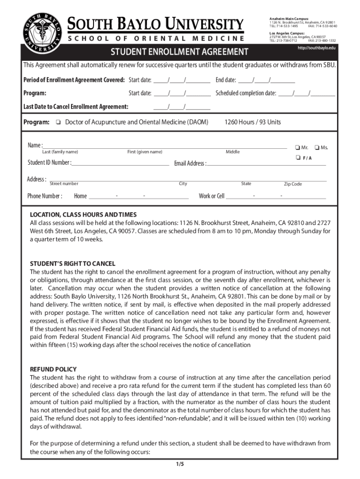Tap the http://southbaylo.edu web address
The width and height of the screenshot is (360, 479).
click(317, 48)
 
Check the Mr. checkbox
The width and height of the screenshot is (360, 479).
click(297, 148)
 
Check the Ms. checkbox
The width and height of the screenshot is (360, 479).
click(317, 148)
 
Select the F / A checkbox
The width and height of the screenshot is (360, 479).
click(297, 158)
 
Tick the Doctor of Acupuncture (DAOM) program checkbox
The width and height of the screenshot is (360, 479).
click(57, 123)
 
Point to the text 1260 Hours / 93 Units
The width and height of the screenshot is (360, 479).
click(252, 122)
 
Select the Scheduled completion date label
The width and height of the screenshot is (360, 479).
click(245, 93)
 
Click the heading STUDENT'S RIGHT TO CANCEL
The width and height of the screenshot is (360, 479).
click(72, 264)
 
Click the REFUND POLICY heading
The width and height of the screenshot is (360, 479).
click(53, 369)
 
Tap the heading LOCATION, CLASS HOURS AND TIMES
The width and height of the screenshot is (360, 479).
click(83, 214)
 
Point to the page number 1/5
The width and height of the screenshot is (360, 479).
click(180, 464)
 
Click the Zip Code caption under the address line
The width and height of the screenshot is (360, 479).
click(293, 184)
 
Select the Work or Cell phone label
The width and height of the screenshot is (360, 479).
click(211, 196)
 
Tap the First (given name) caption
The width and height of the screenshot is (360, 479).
click(145, 152)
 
